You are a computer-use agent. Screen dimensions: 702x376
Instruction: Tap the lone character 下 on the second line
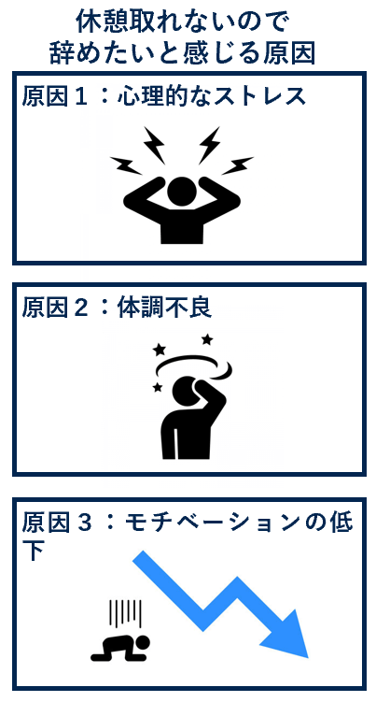(34, 551)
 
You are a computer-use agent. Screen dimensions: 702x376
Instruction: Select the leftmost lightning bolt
(124, 165)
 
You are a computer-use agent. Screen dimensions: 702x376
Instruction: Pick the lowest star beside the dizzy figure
(157, 386)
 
